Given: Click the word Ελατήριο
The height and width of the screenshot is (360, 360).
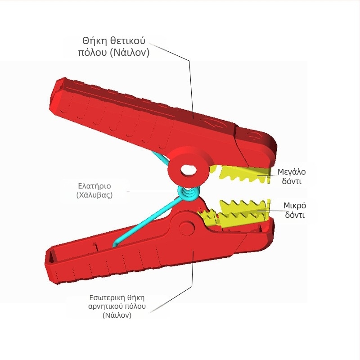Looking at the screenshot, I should pos(95,185).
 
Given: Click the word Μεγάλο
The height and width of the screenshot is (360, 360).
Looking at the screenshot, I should pos(292,172).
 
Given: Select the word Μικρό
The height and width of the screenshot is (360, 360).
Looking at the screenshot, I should pos(295,206).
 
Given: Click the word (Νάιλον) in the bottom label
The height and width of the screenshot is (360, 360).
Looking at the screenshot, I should pos(117,315).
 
